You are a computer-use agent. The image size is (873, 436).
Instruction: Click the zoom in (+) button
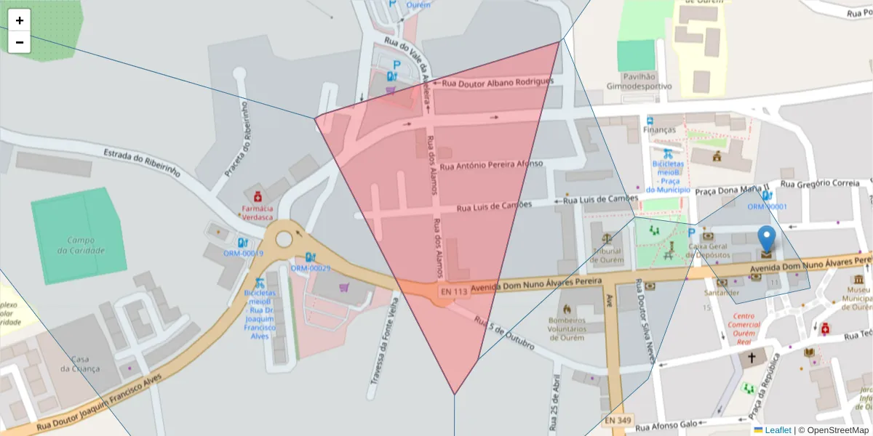point(20,20)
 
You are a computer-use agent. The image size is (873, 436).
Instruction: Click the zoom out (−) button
point(20,42)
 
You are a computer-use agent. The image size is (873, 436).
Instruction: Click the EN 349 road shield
point(618,420)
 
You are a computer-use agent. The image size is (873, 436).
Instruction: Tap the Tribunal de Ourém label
point(607,257)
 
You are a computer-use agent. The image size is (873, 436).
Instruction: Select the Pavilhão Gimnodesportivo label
point(639,81)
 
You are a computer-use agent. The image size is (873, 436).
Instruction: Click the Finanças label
point(659,130)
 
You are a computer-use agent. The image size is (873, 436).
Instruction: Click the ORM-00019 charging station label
point(243,253)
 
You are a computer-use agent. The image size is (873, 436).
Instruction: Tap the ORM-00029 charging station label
point(311,268)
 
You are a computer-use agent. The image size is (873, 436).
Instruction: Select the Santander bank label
point(722,292)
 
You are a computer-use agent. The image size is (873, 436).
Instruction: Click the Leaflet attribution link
point(777,430)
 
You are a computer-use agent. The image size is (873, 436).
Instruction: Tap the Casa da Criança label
point(80,364)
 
